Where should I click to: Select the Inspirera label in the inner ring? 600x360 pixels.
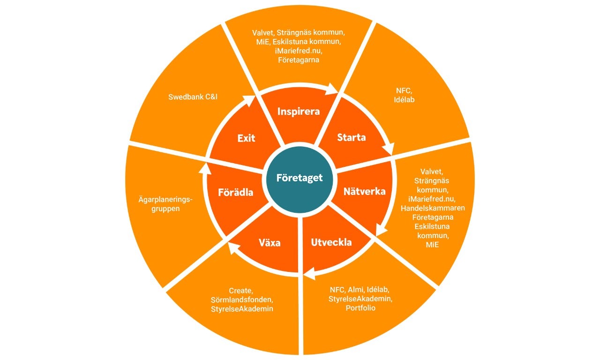299,112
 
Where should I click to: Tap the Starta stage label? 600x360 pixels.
352,138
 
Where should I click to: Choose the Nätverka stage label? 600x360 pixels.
364,191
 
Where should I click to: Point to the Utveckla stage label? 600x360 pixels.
331,242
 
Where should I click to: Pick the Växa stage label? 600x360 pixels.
270,243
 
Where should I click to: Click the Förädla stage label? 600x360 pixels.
236,192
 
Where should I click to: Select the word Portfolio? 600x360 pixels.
360,308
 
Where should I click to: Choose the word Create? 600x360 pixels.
240,291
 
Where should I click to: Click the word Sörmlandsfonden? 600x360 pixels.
242,300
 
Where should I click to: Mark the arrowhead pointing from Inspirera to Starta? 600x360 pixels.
333,89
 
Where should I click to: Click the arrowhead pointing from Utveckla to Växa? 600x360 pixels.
307,272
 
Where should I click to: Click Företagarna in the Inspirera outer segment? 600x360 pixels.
299,60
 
